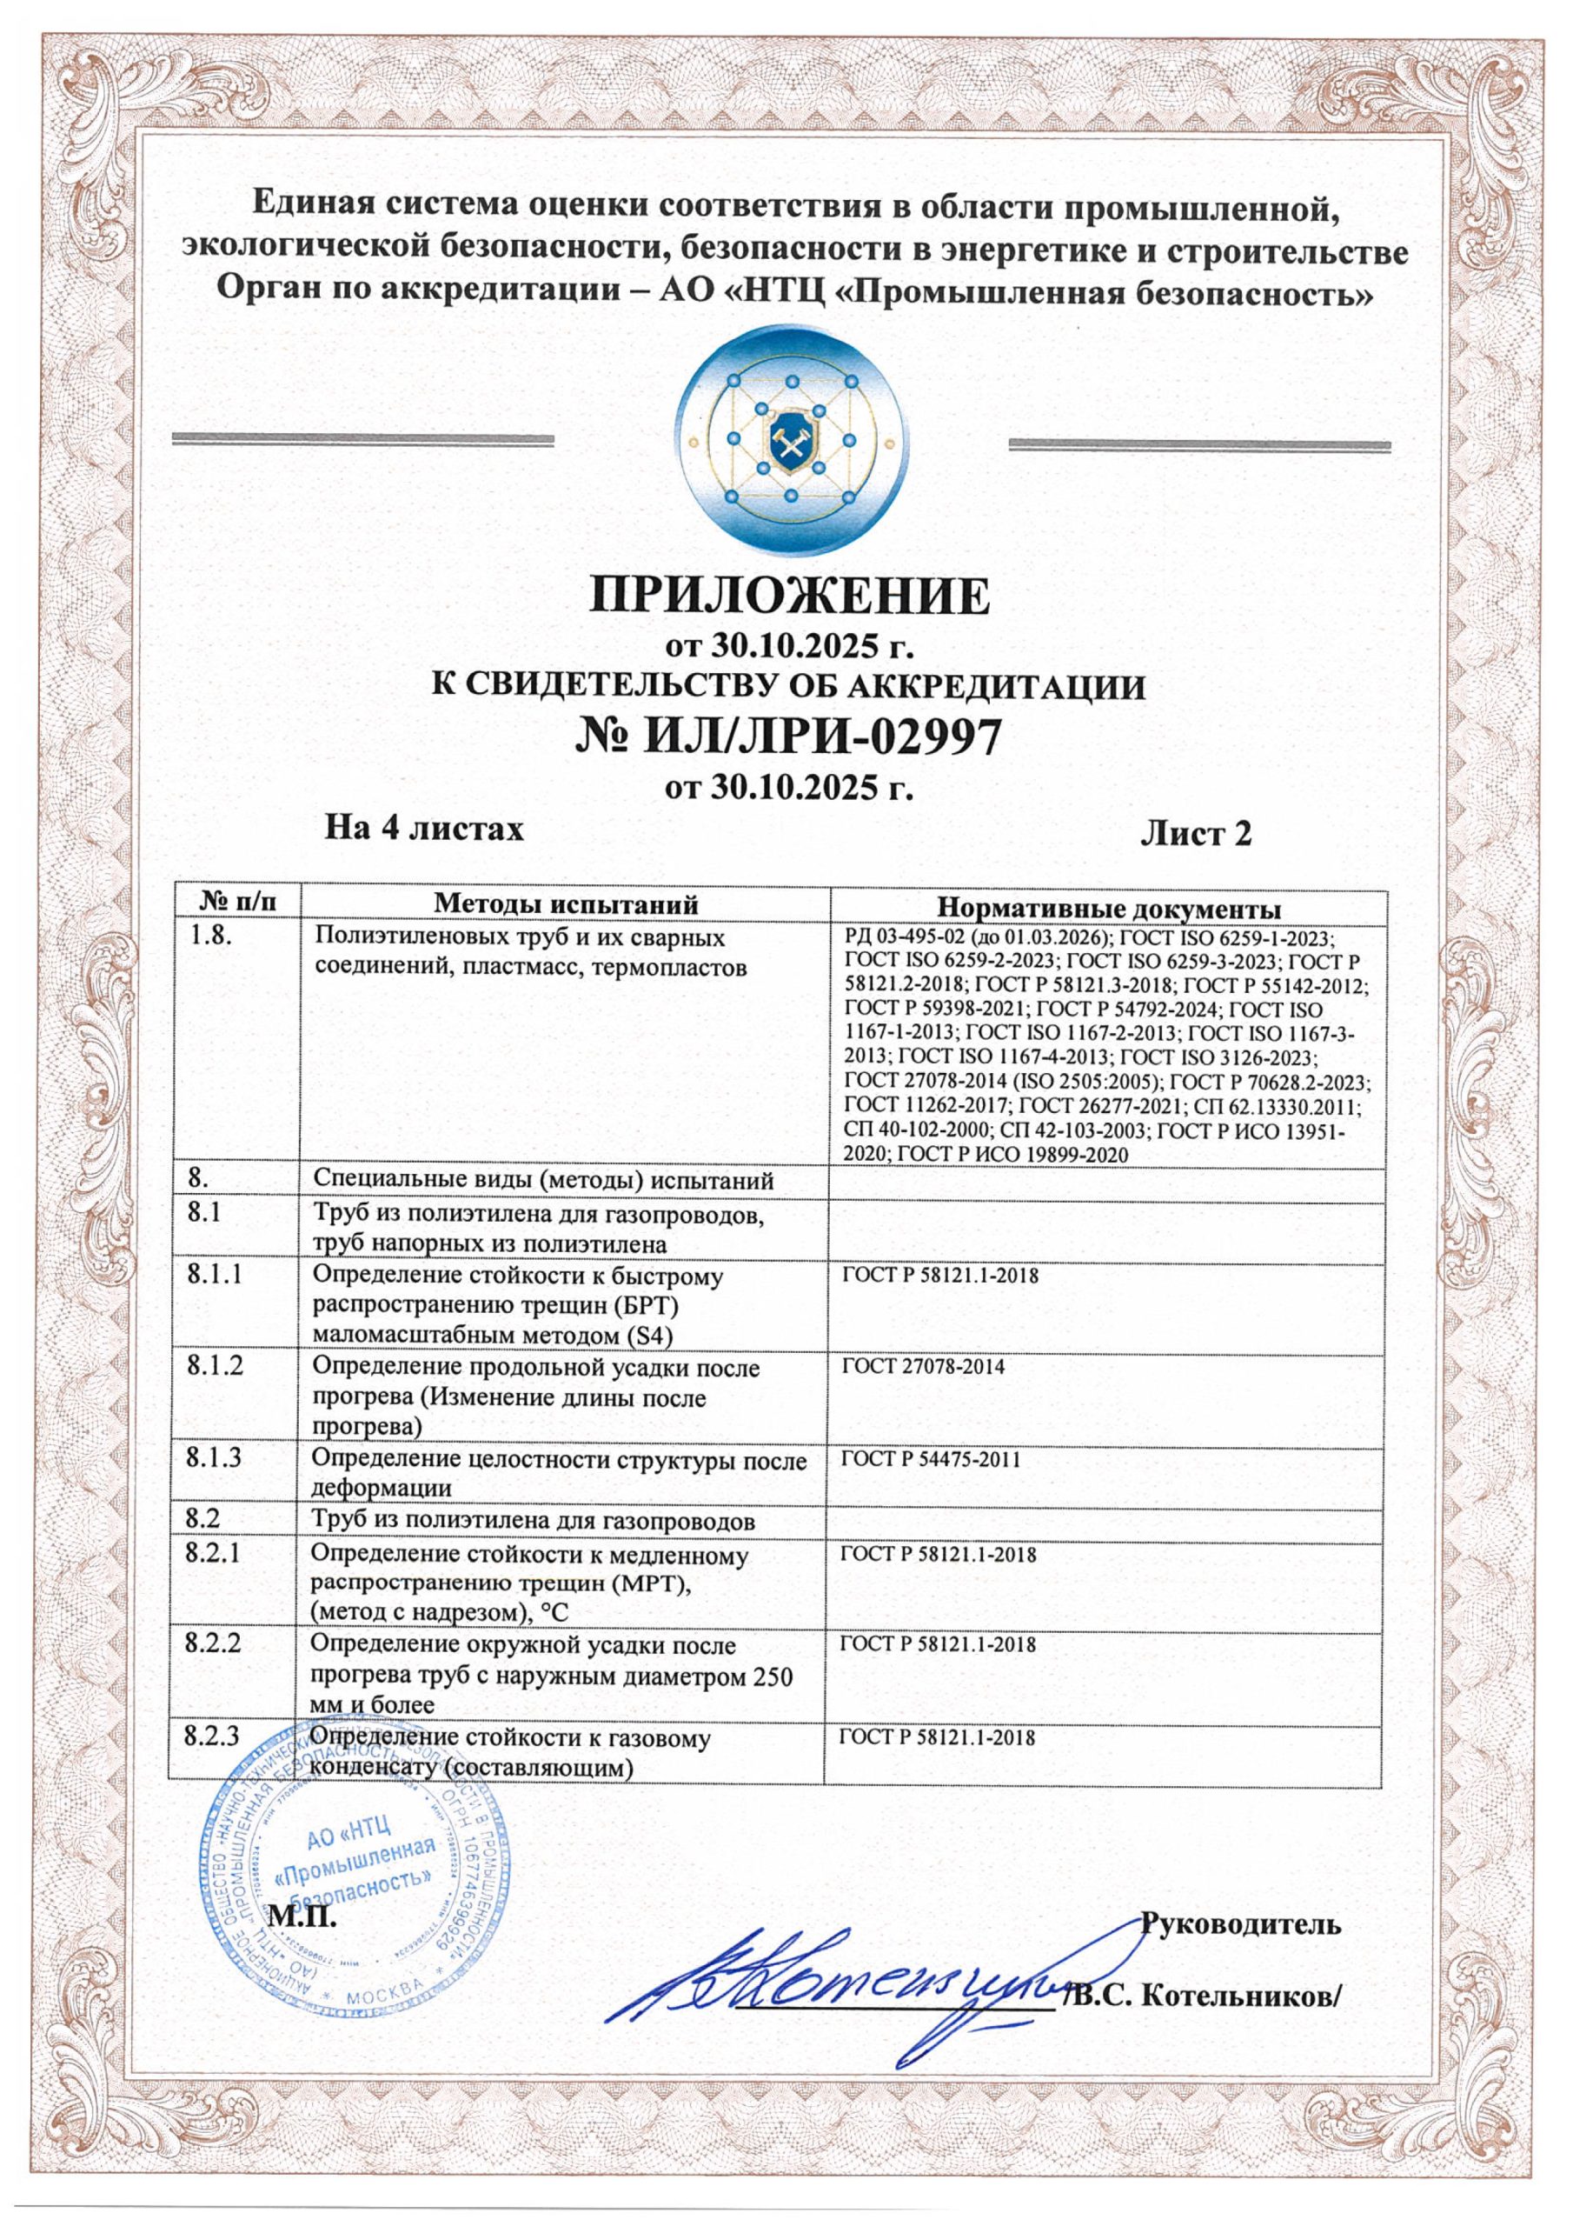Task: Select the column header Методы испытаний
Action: [566, 904]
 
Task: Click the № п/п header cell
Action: [235, 903]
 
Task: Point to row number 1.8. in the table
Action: [211, 938]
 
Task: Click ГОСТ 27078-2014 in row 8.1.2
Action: [923, 1367]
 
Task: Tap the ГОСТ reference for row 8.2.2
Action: [937, 1645]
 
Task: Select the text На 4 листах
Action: [423, 829]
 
